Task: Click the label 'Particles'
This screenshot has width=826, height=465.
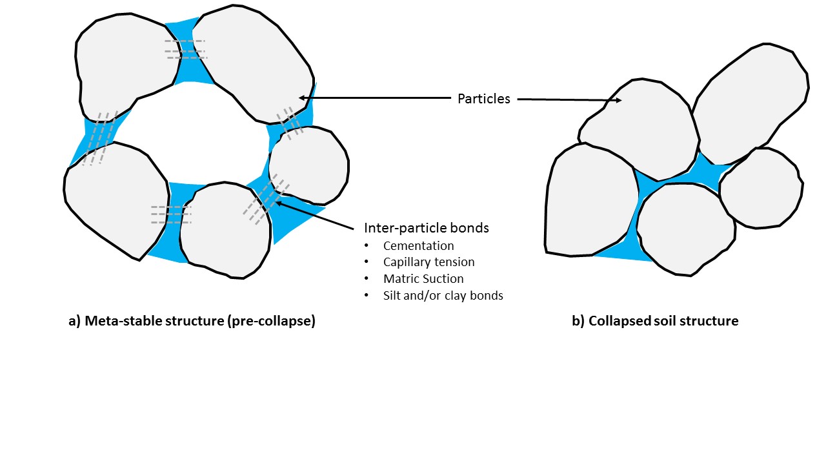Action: pos(483,99)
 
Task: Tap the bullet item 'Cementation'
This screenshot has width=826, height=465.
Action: pos(418,246)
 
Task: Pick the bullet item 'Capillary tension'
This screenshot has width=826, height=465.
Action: pos(428,262)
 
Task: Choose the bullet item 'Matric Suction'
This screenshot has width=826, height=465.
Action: pos(423,279)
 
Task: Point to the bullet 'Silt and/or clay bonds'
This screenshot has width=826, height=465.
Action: pos(443,296)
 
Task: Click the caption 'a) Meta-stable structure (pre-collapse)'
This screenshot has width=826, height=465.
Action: pos(192,321)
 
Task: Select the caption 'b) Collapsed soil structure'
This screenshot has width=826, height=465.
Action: pos(655,321)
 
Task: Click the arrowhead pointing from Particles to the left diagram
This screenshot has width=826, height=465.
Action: pos(302,98)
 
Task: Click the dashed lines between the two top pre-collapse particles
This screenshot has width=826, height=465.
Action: pos(185,50)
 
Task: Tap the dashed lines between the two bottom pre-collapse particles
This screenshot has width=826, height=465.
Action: pos(171,214)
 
